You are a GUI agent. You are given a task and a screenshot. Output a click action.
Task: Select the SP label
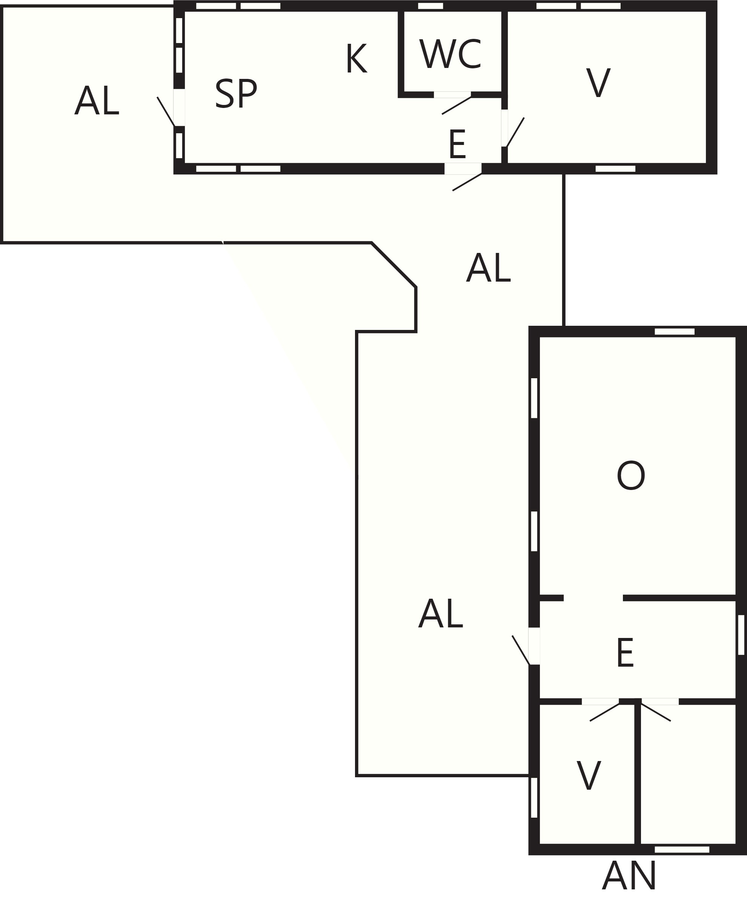pos(236,94)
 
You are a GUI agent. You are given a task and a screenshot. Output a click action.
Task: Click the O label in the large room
pos(631,475)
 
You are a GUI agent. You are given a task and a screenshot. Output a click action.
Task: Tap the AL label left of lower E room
pos(441,614)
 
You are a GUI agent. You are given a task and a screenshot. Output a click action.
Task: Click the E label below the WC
pos(457,144)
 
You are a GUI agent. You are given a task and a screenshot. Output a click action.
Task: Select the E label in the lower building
pos(625,653)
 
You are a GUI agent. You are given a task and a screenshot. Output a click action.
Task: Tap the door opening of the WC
pos(452,95)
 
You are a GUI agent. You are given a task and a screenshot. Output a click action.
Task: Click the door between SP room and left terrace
pos(179,108)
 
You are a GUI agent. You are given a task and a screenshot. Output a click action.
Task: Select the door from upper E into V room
pos(504,128)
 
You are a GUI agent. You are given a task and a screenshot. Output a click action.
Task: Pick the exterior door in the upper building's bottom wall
pos(463,169)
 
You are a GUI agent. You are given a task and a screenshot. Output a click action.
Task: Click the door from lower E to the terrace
pos(534,646)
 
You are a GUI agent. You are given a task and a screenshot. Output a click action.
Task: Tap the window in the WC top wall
pos(430,6)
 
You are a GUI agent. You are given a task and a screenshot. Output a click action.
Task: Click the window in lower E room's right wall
pos(741,635)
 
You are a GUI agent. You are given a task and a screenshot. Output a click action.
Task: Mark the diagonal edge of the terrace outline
pos(394,265)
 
